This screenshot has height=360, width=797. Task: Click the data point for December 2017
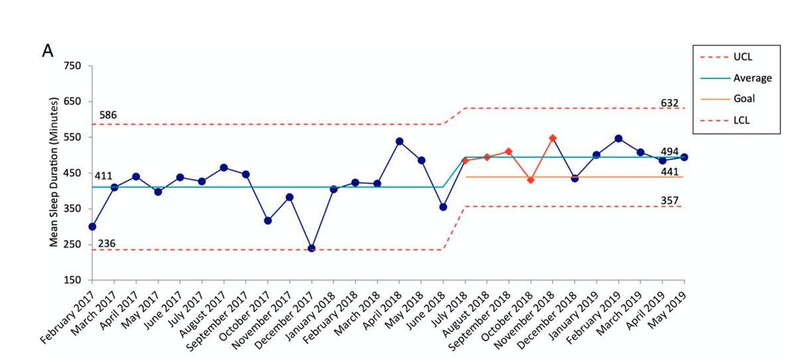coord(311,248)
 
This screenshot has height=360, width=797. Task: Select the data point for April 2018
coord(399,141)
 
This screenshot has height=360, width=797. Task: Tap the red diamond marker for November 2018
coord(553,138)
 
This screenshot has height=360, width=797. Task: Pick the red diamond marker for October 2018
coord(531,180)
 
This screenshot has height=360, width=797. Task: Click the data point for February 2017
coord(92,226)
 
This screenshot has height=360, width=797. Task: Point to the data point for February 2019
coord(618,138)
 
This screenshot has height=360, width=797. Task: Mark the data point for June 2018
coord(443,207)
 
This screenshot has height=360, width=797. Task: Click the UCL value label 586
coord(108,116)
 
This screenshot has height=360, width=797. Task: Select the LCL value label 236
coord(108,243)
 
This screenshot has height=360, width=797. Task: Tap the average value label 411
coord(103,176)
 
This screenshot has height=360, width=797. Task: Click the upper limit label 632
coord(669,103)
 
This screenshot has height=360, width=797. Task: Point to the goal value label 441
coord(669,171)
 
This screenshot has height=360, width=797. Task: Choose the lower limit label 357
coord(669,200)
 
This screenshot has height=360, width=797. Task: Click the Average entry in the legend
coord(753,78)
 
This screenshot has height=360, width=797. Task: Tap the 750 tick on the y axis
coord(72,66)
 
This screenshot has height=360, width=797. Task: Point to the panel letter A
coord(48,51)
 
